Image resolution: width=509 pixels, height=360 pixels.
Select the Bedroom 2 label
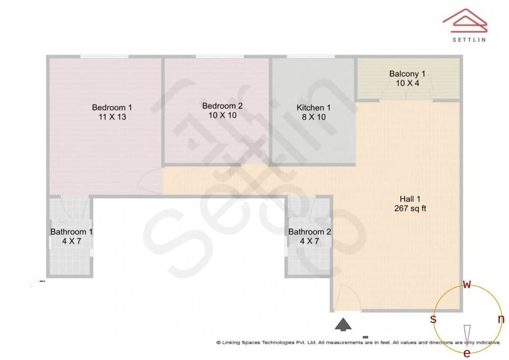(222, 105)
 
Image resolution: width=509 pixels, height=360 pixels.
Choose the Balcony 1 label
(407, 74)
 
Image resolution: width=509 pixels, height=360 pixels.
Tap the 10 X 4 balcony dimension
(407, 83)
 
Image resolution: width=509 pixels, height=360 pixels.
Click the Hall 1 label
(410, 199)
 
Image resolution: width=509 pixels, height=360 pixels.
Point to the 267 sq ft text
(410, 208)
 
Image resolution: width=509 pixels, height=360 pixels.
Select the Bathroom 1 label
(72, 231)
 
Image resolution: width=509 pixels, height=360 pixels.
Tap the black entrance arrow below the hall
(344, 324)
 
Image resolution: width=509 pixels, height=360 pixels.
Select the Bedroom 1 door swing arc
(152, 181)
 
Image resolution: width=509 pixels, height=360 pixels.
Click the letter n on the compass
(501, 319)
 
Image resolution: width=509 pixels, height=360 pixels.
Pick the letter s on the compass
(433, 319)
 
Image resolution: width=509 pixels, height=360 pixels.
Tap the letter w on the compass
(467, 284)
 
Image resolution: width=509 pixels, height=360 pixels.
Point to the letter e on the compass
(467, 353)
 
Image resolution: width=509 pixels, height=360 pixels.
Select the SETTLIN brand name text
(469, 40)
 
